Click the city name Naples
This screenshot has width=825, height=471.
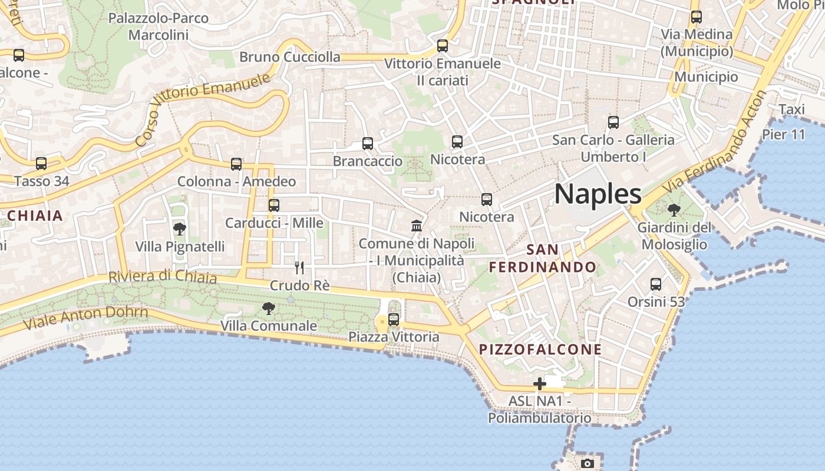[598, 194]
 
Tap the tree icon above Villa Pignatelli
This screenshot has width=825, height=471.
[180, 229]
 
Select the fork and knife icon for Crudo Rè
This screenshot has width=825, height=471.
[299, 268]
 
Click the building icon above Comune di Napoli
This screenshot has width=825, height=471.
[417, 225]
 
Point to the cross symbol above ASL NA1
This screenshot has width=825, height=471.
[539, 384]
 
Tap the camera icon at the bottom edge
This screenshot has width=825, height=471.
[587, 463]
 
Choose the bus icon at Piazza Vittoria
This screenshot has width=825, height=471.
[394, 320]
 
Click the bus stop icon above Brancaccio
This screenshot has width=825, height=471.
[368, 144]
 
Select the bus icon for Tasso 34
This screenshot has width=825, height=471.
[41, 164]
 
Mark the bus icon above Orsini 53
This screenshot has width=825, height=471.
[656, 284]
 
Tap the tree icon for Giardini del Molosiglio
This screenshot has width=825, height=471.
[674, 210]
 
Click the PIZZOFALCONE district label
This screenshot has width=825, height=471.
[540, 349]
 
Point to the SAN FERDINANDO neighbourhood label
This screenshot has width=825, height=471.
[543, 258]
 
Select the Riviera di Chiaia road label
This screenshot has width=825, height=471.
[163, 276]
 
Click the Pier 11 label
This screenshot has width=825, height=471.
[783, 134]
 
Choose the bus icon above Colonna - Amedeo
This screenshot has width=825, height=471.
[236, 164]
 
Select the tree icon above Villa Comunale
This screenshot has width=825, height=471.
[269, 308]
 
